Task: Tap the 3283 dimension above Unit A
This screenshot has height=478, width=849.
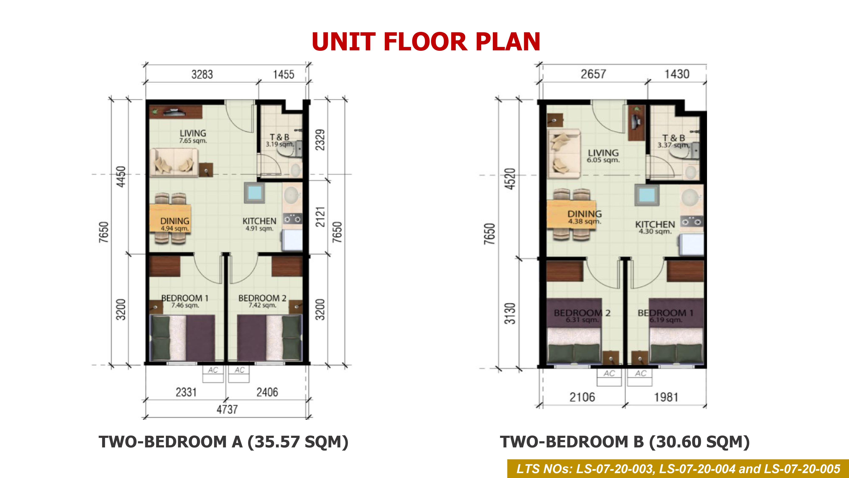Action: coord(202,75)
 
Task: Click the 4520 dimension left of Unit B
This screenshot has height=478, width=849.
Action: coord(510,179)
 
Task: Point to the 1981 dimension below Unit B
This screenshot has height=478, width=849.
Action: coord(666,397)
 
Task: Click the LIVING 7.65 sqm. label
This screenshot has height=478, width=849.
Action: coord(193,136)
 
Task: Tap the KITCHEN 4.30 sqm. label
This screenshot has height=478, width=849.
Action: coord(655,227)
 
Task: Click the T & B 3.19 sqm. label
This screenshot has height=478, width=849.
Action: coord(280,140)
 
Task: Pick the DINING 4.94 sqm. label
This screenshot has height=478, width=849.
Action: coord(175,224)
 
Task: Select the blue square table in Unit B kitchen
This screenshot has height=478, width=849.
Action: coord(647,195)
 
